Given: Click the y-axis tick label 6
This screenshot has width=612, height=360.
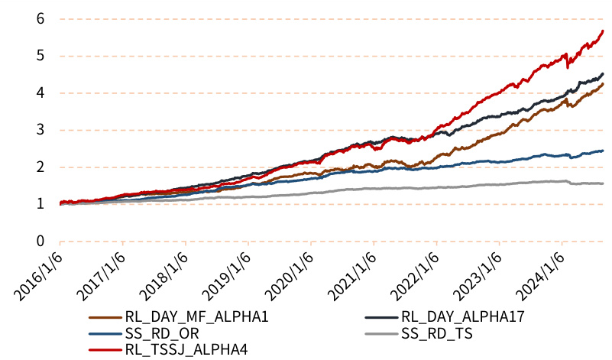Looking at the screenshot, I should [40, 19].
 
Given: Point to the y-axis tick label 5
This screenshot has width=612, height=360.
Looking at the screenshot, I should [40, 57].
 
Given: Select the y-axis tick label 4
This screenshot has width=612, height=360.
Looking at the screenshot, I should [40, 93].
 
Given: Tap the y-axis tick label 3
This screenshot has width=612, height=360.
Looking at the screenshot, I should [40, 131].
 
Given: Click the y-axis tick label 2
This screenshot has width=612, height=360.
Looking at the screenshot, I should [40, 167].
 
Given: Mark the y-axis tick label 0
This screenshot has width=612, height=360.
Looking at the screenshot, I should [40, 242].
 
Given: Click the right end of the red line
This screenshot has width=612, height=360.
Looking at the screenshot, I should [604, 31].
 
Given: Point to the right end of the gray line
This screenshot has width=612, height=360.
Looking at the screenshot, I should [604, 183].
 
